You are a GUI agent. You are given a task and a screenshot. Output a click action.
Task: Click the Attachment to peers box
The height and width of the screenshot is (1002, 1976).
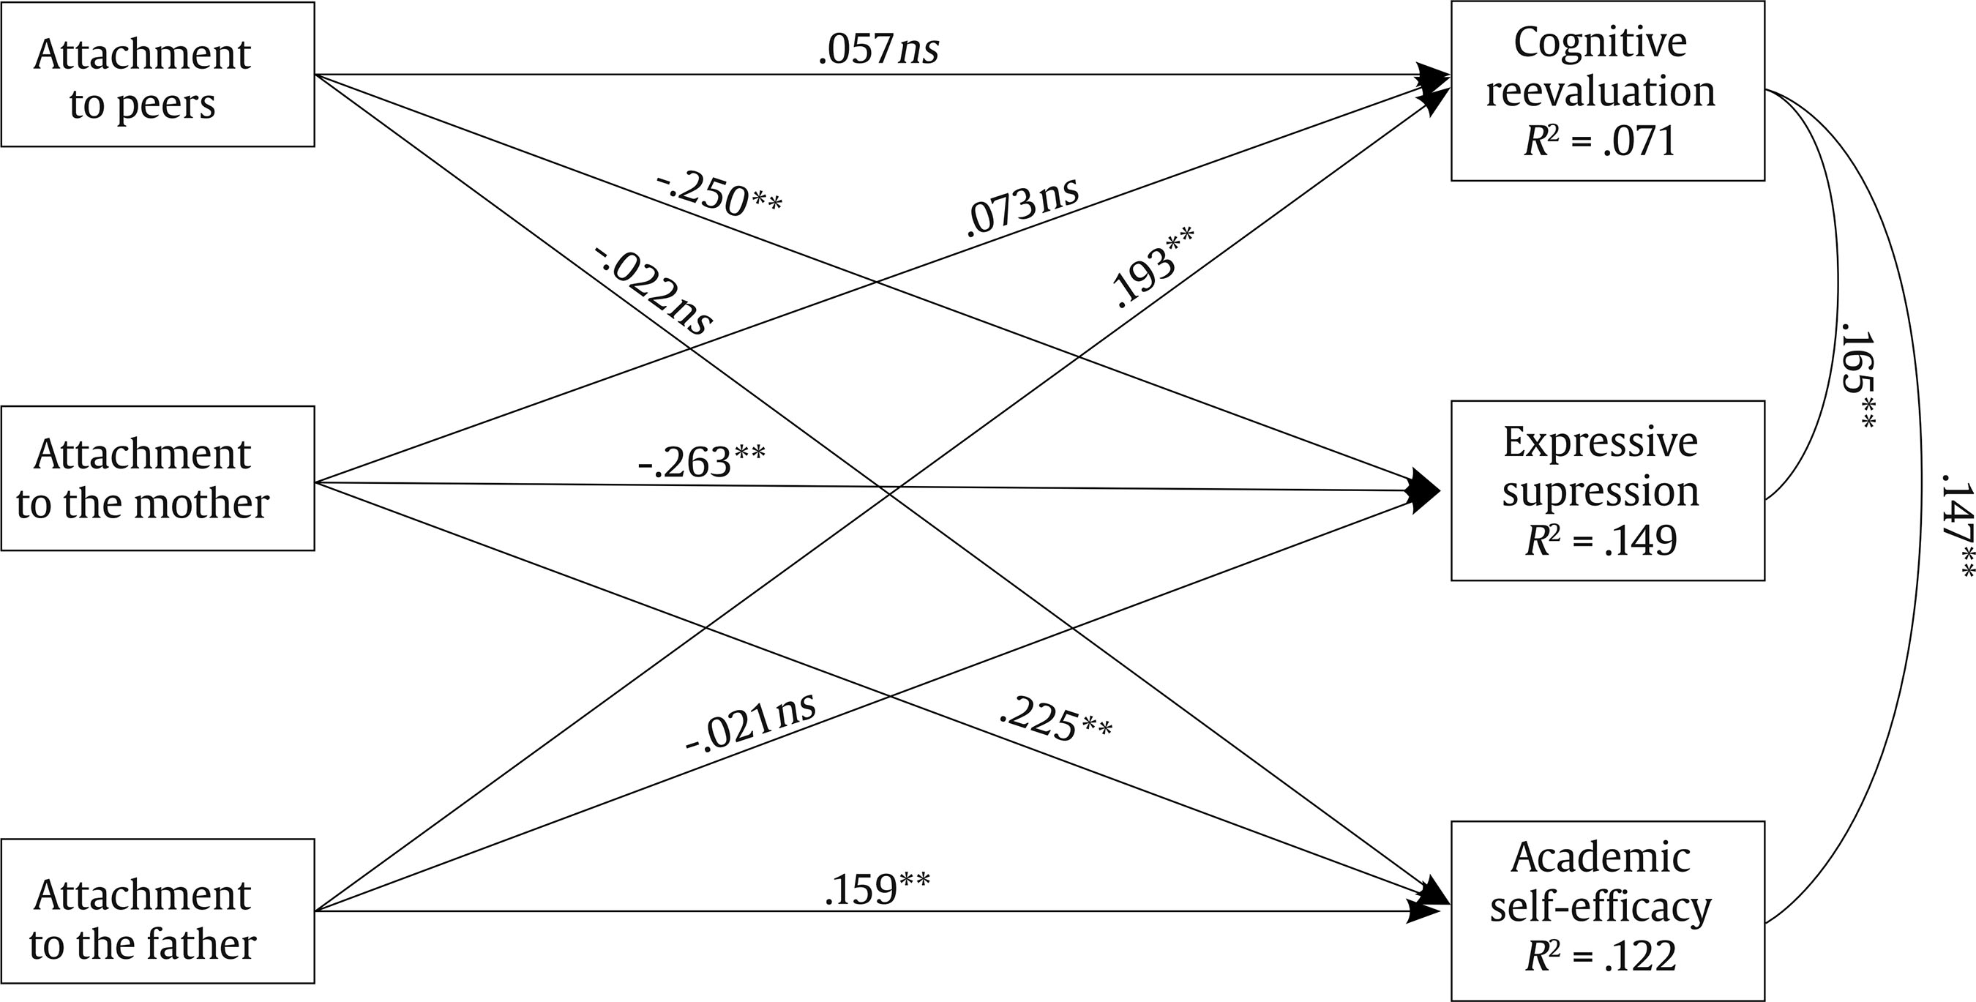[157, 74]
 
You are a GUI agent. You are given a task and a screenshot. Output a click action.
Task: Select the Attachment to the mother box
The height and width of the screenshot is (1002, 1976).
[157, 478]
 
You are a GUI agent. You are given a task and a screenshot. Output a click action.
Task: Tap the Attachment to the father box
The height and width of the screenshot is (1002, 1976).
[157, 911]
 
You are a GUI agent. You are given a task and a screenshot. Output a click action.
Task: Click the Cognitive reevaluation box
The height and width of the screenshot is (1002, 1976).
[1608, 91]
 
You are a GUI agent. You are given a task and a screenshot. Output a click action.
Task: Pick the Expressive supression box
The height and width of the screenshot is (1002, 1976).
[1608, 490]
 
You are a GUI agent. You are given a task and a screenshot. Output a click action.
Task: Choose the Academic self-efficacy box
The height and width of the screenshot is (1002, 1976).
[1608, 911]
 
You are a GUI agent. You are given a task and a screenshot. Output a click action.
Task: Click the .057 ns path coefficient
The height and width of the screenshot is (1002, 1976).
[878, 51]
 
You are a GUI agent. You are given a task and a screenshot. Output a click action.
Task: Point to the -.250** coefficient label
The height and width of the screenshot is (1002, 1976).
[719, 196]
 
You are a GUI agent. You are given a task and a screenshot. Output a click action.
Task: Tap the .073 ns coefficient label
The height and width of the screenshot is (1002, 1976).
[1022, 205]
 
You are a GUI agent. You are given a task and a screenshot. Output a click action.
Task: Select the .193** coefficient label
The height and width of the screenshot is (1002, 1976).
[1153, 267]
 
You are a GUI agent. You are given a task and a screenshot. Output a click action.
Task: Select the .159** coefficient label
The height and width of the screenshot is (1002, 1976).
[877, 889]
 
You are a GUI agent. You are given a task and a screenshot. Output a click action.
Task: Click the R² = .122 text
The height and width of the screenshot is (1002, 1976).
[1601, 956]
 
